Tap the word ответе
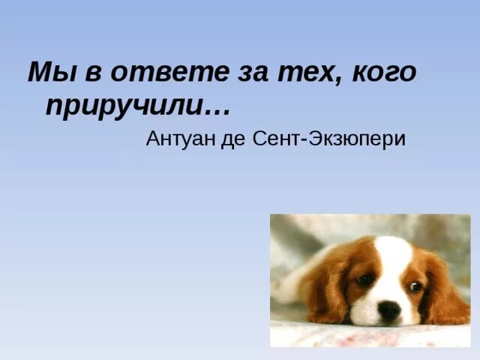coord(148,73)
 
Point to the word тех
coord(294,73)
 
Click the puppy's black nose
coord(388,309)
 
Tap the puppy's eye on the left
coord(365,279)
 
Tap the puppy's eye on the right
coord(415,286)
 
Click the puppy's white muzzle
coord(386,315)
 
